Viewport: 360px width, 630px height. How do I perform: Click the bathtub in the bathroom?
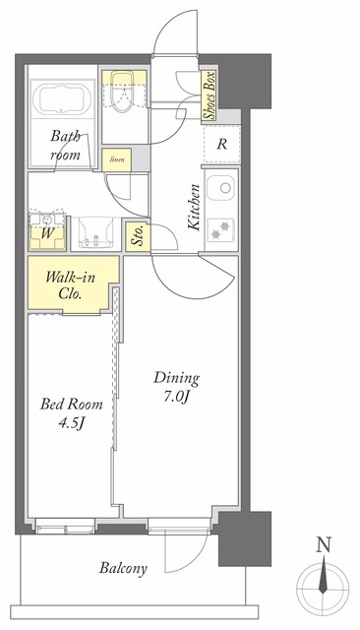(61, 99)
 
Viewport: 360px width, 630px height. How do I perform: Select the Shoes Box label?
(210, 95)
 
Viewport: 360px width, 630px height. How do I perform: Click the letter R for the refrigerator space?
(221, 144)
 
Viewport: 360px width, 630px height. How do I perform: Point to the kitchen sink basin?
(220, 188)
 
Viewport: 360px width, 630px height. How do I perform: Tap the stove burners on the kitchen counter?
(221, 229)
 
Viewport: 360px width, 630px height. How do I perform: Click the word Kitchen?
(194, 207)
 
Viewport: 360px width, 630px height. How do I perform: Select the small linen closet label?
(117, 159)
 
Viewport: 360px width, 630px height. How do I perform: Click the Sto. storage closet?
(138, 236)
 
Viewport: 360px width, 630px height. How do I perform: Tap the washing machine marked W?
(47, 231)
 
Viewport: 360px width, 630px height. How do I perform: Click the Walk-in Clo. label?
(70, 284)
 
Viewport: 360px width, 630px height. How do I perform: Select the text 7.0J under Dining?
(176, 396)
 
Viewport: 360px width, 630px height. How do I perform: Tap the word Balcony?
(123, 568)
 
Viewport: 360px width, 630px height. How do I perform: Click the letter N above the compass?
(324, 544)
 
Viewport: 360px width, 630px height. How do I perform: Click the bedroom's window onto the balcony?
(65, 526)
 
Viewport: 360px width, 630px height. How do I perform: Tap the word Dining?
(177, 378)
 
